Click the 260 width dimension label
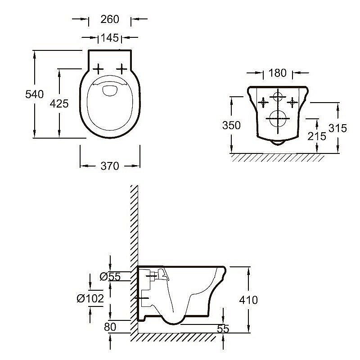(110, 19)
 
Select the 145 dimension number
(110, 38)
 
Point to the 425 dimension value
(59, 104)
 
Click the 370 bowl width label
(110, 166)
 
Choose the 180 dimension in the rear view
(278, 73)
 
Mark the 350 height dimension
(231, 126)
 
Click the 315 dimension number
(337, 128)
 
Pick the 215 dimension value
(317, 135)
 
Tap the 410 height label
(249, 300)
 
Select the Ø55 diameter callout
(110, 277)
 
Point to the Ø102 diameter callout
(90, 298)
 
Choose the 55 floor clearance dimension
(222, 329)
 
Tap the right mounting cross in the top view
(122, 68)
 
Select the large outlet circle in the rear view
(278, 119)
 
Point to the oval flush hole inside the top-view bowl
(110, 90)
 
